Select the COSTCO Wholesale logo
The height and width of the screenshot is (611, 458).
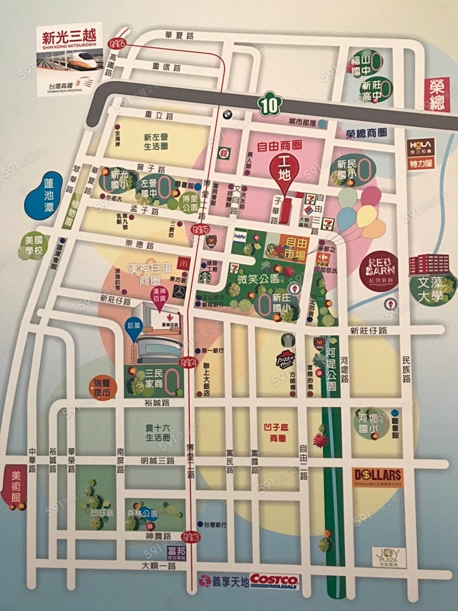(x=274, y=580)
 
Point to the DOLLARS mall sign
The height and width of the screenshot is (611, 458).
(x=377, y=476)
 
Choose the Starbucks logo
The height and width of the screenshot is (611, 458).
(x=205, y=277)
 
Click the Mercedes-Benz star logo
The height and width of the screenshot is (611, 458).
(x=179, y=292)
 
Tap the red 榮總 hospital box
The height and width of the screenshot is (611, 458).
(x=436, y=94)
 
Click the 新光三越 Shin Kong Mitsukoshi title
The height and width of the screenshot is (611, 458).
(x=69, y=38)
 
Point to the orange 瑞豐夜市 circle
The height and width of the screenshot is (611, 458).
(x=99, y=387)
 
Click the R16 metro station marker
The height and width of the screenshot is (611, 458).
(x=117, y=44)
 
